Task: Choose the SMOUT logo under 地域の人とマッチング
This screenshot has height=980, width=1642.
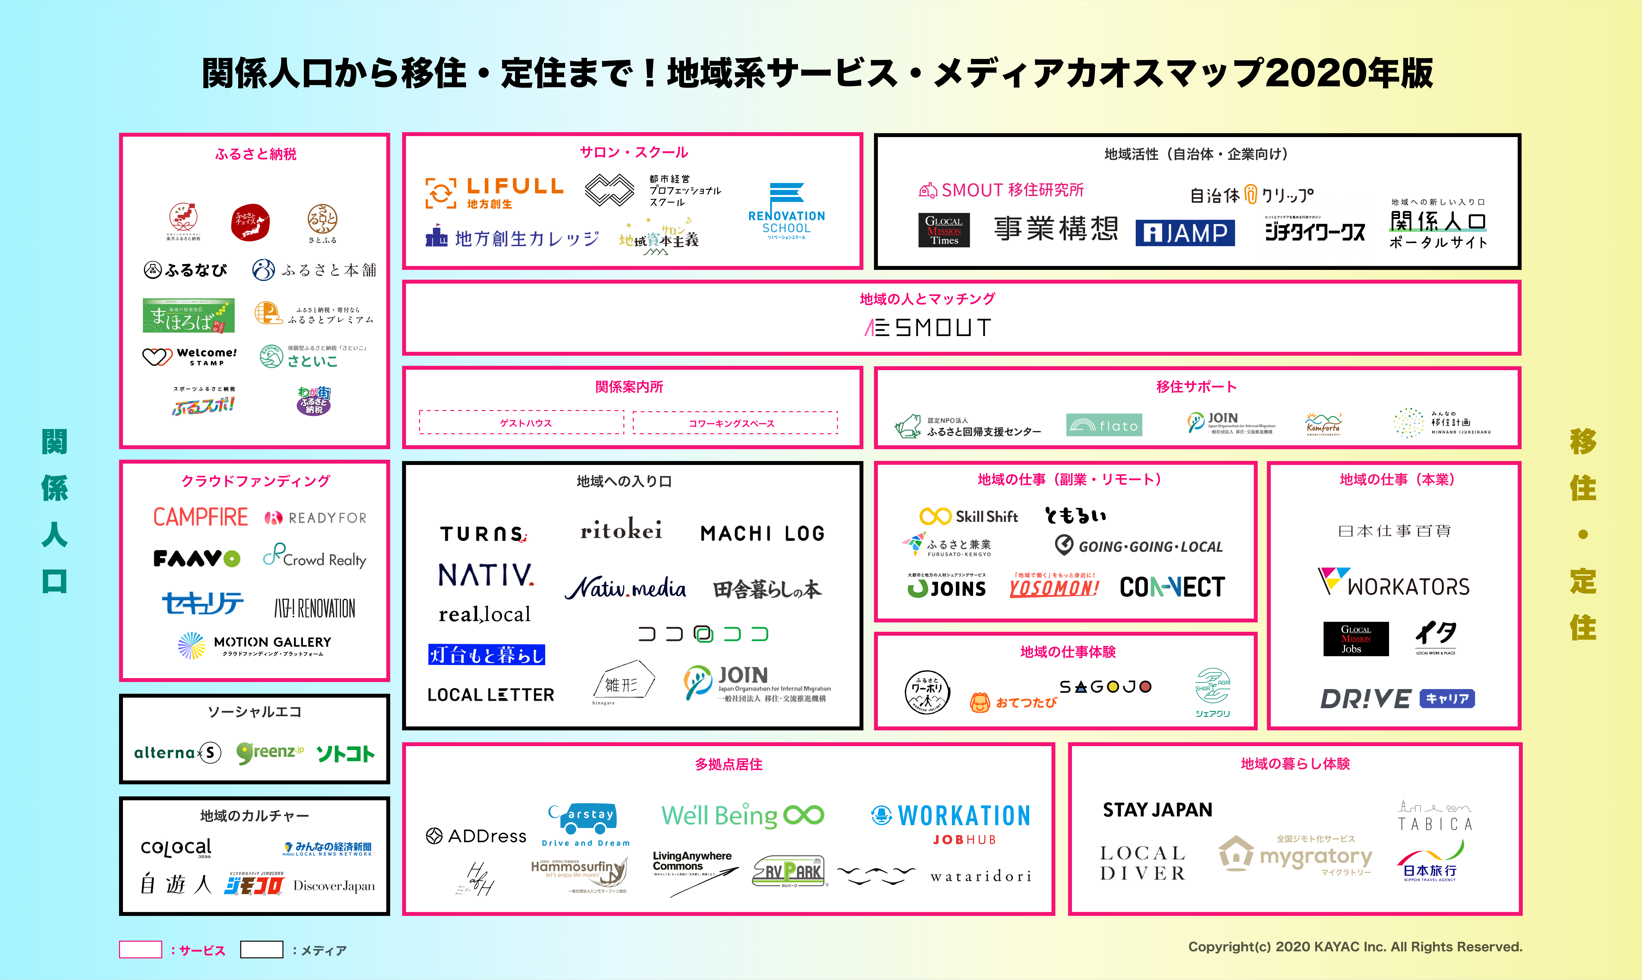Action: pos(928,328)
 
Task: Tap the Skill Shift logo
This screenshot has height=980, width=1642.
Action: pos(969,516)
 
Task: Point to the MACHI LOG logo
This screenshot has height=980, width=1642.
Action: pos(763,533)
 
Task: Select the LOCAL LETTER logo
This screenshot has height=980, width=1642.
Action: pos(491,695)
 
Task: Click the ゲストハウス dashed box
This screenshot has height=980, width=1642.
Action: pos(522,423)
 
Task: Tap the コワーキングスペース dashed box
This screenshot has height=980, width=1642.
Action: pos(735,423)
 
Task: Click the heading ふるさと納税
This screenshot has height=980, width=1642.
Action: pos(255,154)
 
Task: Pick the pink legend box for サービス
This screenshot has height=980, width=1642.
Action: pos(140,950)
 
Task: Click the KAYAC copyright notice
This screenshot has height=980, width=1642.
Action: pos(1355,946)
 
